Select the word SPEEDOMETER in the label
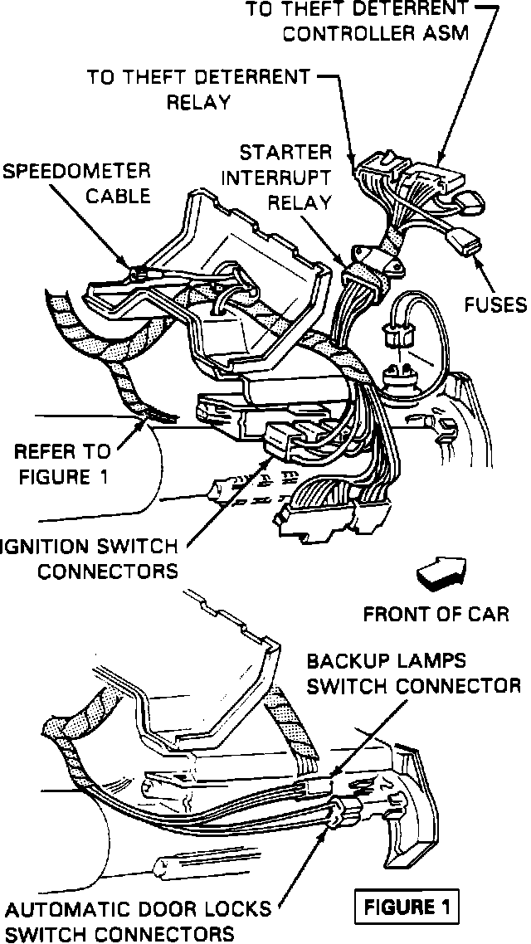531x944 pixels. coord(76,172)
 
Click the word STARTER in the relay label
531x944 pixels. coord(285,153)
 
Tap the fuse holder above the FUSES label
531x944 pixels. coord(463,243)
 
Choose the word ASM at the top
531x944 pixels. coord(451,34)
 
